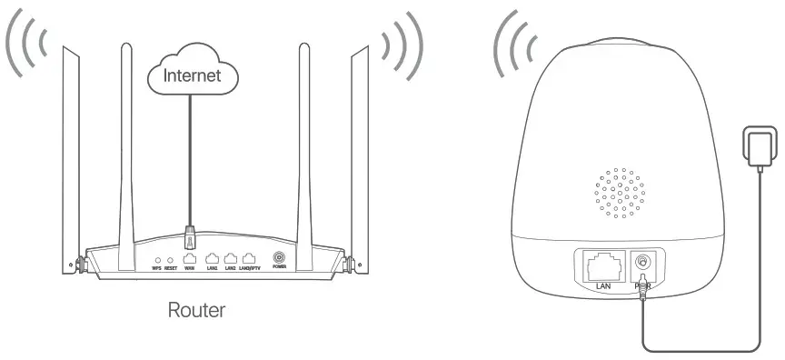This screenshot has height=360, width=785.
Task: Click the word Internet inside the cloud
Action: (191, 75)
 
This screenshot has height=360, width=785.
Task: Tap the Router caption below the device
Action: (196, 310)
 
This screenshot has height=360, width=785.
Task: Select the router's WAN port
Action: (190, 257)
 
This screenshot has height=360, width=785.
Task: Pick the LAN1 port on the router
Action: (213, 257)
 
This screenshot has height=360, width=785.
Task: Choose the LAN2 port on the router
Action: (231, 257)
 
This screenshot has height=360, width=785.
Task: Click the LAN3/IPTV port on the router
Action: (250, 257)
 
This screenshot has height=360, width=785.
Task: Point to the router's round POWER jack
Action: (279, 257)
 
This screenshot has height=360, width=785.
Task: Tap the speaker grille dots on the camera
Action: (620, 190)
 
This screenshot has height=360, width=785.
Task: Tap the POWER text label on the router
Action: (279, 268)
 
